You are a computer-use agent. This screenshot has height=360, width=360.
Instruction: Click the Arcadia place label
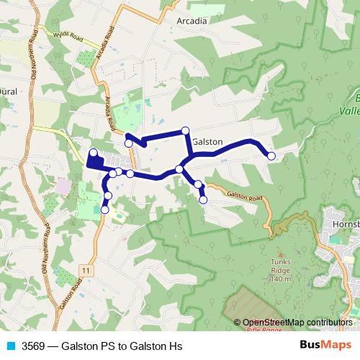point(192,21)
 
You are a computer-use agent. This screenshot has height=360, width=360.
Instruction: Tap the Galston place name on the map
point(207,142)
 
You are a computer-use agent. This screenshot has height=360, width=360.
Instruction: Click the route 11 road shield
point(86,269)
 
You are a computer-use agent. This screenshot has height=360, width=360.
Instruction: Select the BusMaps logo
point(322,346)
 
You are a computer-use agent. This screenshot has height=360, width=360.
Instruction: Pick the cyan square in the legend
point(11,346)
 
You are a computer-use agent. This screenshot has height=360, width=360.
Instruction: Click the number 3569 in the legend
point(34,346)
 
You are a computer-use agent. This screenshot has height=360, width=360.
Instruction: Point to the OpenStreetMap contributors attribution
point(297,323)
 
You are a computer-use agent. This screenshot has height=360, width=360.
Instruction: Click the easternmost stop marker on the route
point(271,156)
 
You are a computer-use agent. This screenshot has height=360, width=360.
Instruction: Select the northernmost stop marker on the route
point(185,130)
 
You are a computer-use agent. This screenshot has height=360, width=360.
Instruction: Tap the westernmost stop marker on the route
point(93,152)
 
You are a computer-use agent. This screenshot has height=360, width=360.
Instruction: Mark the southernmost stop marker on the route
point(105,210)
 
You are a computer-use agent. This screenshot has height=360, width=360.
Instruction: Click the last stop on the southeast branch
point(203,199)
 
